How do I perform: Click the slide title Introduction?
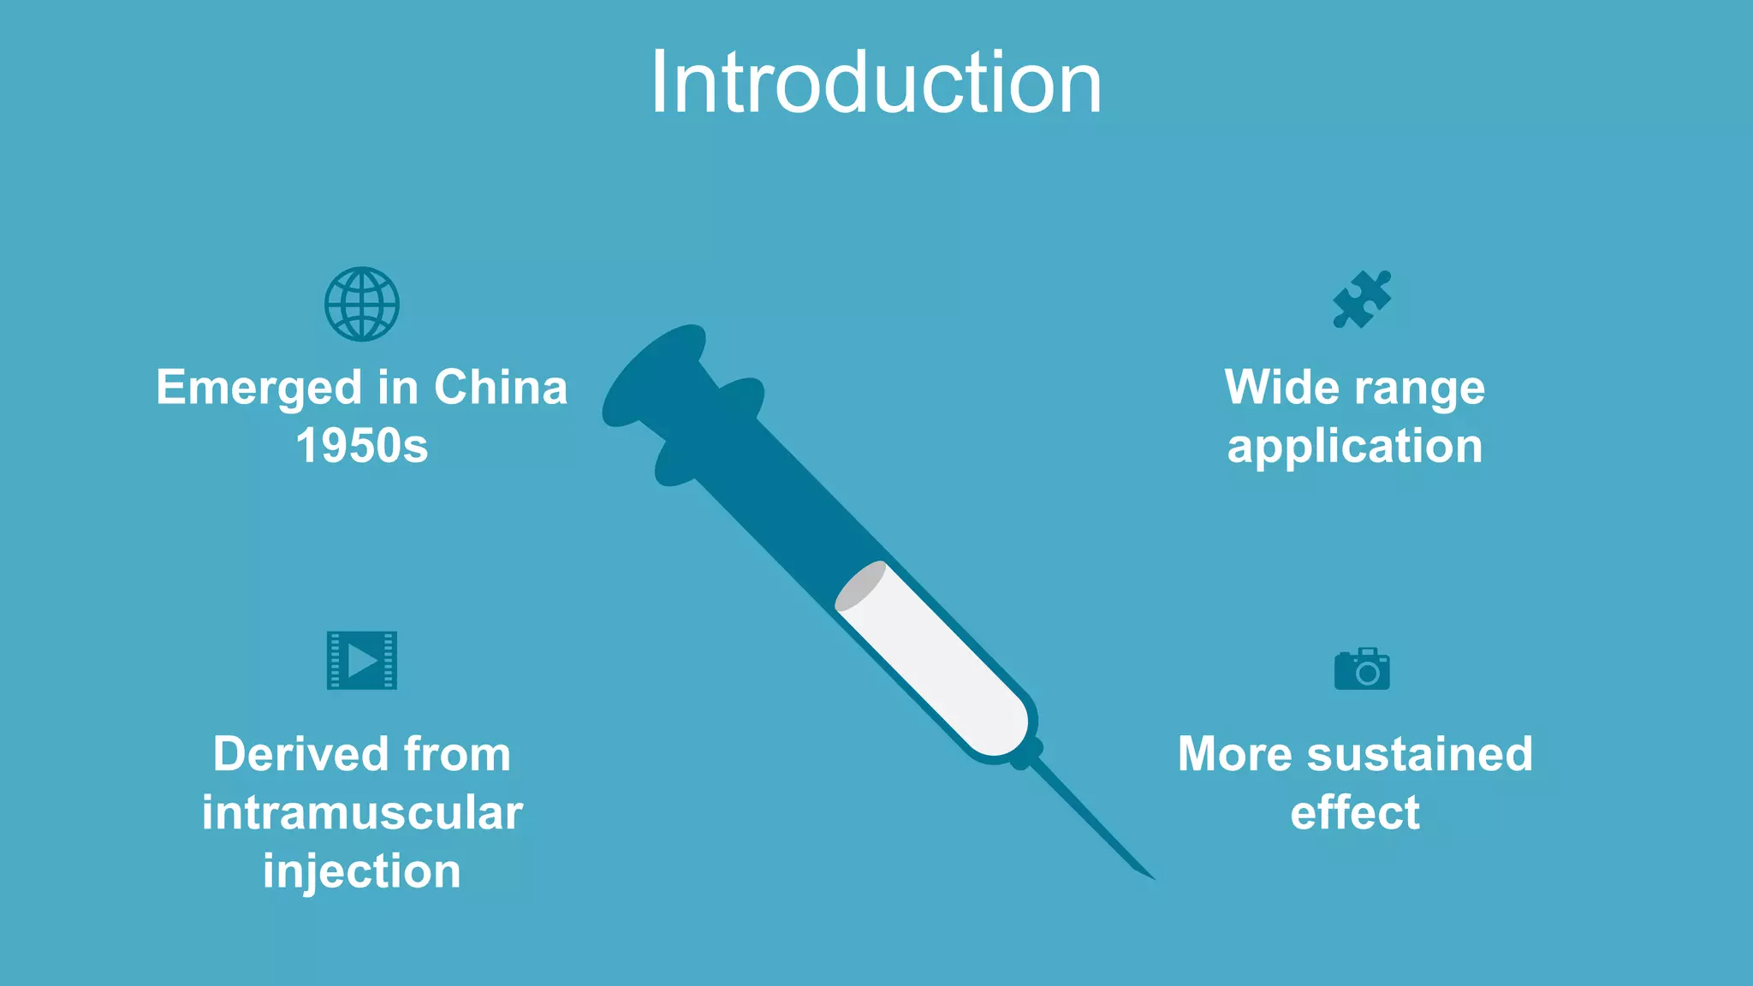pyautogui.click(x=876, y=83)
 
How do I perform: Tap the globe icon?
pyautogui.click(x=361, y=304)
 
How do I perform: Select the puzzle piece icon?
pyautogui.click(x=1362, y=300)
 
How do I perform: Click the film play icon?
pyautogui.click(x=362, y=660)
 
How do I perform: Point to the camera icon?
pyautogui.click(x=1362, y=668)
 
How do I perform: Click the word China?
pyautogui.click(x=501, y=388)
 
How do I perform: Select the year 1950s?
pyautogui.click(x=361, y=446)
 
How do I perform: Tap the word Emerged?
pyautogui.click(x=258, y=388)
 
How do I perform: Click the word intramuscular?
pyautogui.click(x=361, y=812)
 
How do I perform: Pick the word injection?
pyautogui.click(x=361, y=870)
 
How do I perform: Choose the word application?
pyautogui.click(x=1354, y=446)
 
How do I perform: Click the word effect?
pyautogui.click(x=1354, y=812)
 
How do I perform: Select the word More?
pyautogui.click(x=1235, y=754)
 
